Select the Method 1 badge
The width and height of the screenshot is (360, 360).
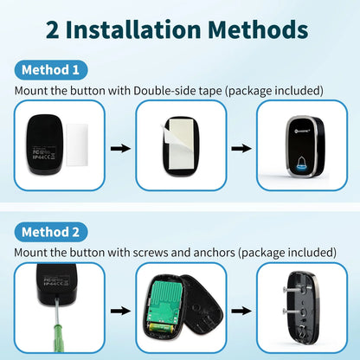coord(50,70)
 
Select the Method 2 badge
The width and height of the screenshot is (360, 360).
coord(50,232)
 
